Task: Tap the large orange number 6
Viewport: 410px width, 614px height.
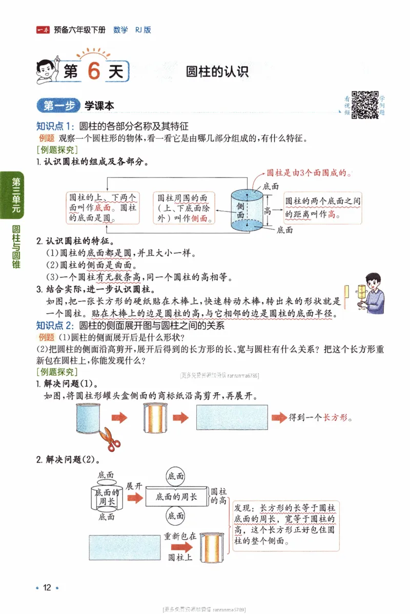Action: (93, 71)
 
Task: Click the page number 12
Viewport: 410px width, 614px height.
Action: (47, 588)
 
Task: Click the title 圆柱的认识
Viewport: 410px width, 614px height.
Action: (217, 72)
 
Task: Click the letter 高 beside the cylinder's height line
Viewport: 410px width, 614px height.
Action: (267, 210)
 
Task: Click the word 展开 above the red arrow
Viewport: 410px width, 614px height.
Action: (134, 486)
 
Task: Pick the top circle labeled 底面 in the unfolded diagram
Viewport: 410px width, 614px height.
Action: (176, 476)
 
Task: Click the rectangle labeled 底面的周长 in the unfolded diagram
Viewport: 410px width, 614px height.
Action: (176, 497)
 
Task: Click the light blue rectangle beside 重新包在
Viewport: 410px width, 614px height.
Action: (125, 547)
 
